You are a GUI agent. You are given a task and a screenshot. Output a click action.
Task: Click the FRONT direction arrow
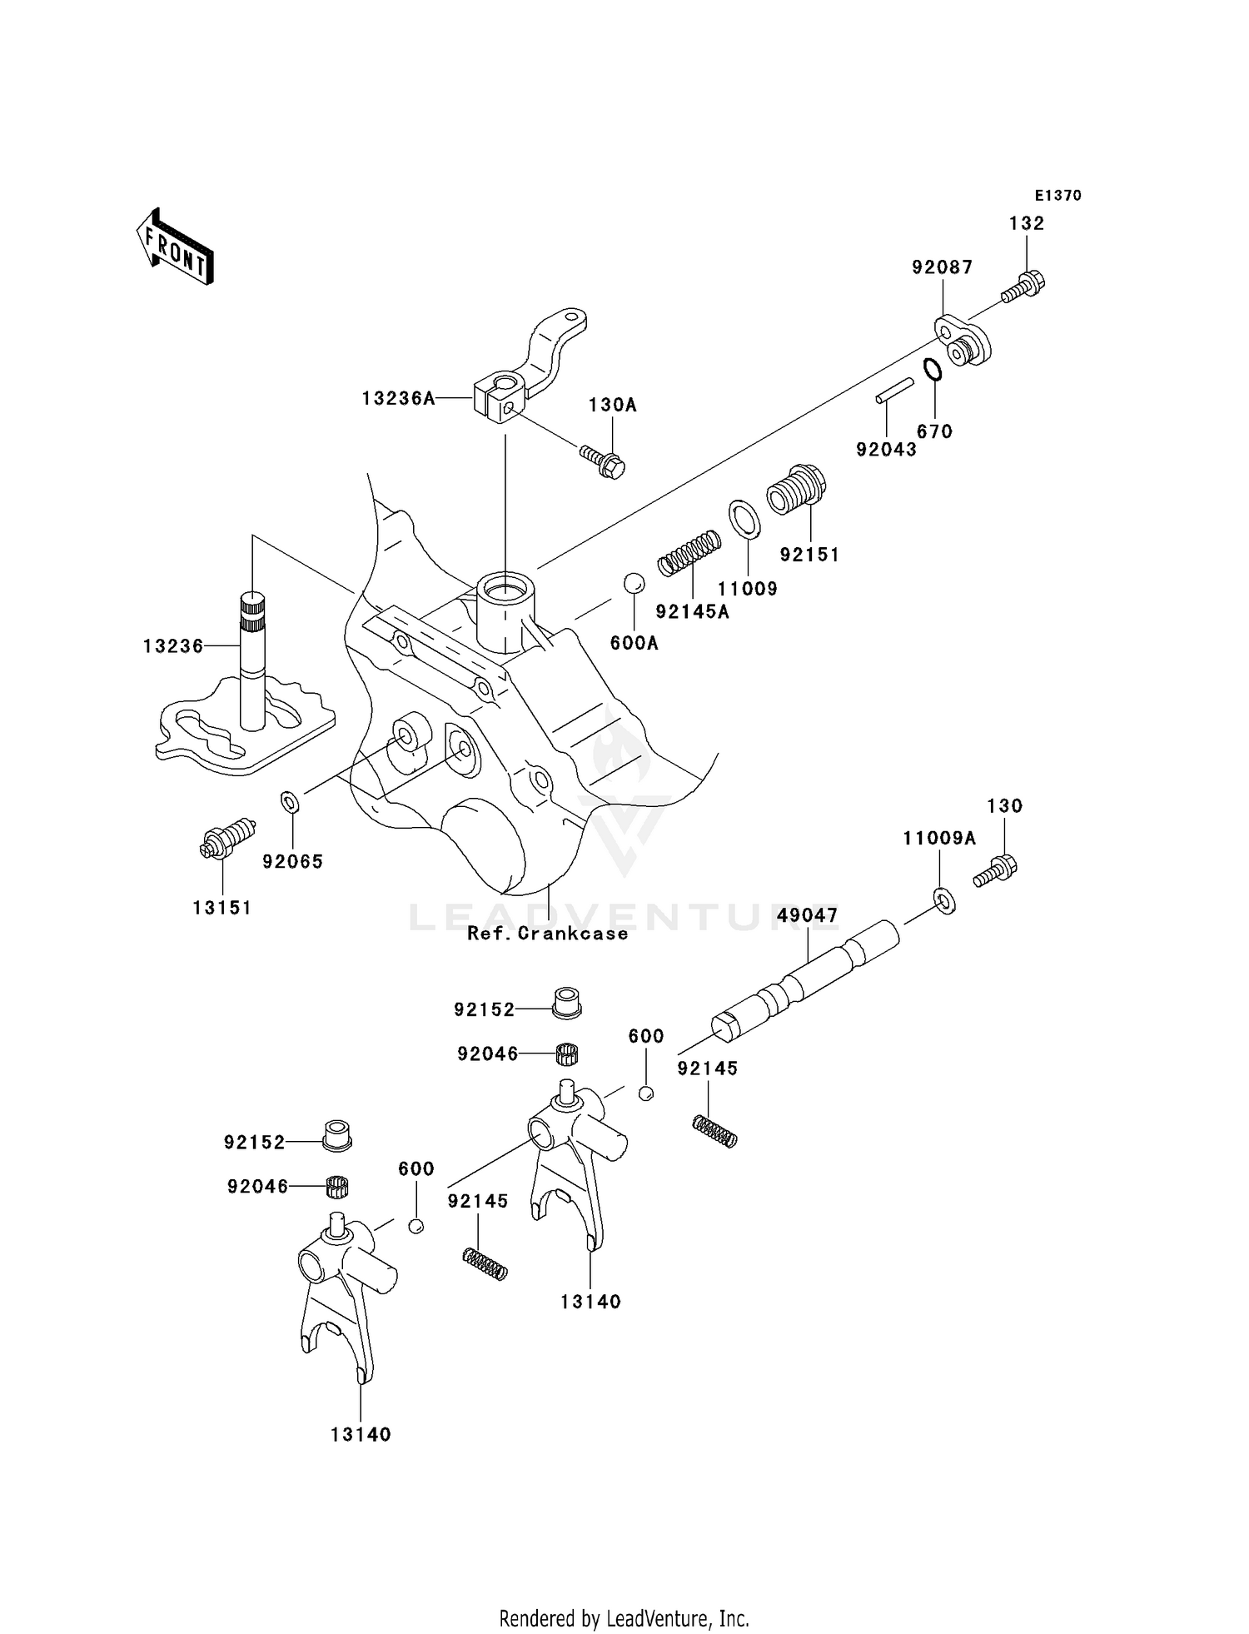[x=176, y=247]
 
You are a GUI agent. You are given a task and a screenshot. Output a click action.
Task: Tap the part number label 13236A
[x=398, y=399]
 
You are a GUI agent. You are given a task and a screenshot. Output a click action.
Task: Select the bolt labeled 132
[x=1024, y=286]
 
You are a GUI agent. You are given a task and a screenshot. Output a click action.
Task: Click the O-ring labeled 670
[x=933, y=368]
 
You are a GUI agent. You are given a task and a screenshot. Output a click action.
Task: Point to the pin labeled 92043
[x=894, y=391]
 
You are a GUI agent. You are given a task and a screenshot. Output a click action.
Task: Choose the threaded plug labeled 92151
[x=796, y=491]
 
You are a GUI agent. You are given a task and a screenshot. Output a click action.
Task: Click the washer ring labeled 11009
[x=744, y=520]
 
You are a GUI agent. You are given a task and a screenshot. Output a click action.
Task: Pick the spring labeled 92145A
[x=689, y=553]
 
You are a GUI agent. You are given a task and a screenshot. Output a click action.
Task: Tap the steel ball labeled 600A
[x=634, y=583]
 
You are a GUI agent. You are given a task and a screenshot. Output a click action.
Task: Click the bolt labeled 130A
[x=604, y=461]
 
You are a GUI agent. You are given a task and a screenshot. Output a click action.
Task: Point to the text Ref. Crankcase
[x=547, y=934]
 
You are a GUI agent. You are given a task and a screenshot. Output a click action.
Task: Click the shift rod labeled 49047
[x=806, y=978]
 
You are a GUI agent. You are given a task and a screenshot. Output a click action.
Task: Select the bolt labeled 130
[x=996, y=870]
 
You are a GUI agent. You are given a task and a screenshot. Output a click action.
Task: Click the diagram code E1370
[x=1057, y=196]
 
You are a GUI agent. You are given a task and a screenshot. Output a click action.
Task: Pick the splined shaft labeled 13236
[x=252, y=658]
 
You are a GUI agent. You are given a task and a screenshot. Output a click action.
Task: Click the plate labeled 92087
[x=960, y=341]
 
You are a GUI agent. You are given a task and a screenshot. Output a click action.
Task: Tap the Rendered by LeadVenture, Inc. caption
[x=624, y=1618]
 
